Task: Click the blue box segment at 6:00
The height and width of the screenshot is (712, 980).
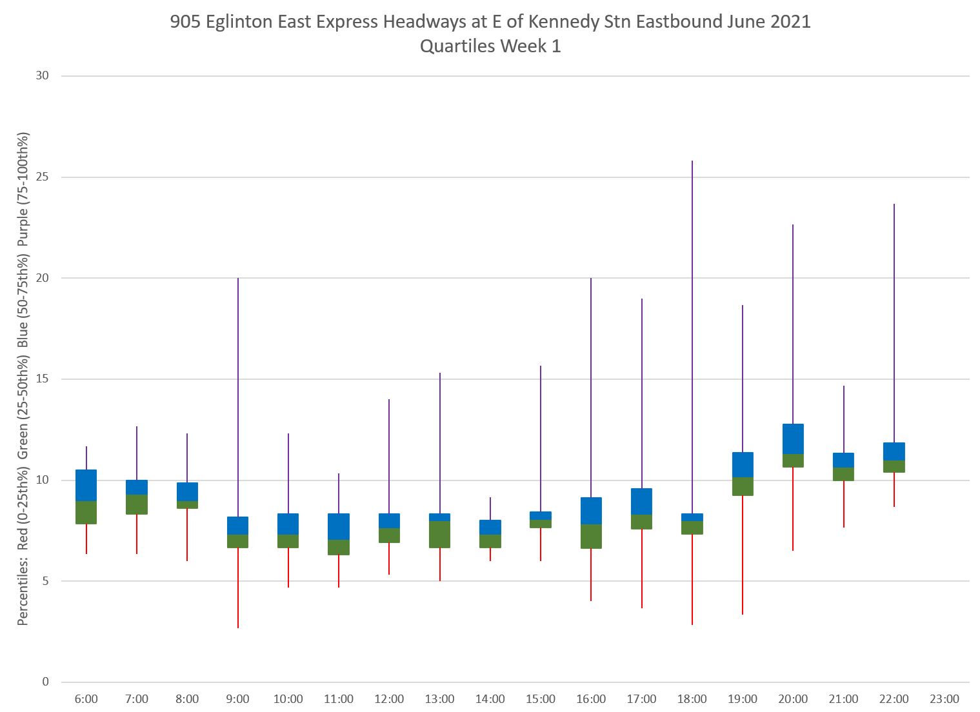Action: point(86,485)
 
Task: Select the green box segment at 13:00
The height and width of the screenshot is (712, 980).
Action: point(439,534)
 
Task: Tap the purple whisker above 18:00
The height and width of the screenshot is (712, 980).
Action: point(692,335)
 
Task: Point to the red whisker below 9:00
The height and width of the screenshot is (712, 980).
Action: point(238,588)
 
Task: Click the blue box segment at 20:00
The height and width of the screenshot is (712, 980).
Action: point(793,439)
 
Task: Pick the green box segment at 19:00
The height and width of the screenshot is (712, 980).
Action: point(743,486)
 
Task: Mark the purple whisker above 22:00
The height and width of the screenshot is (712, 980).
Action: point(894,322)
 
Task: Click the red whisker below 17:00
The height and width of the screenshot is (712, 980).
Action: point(642,568)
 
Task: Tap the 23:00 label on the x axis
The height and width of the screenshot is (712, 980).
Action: point(945,699)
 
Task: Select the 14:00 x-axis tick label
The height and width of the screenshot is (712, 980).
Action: point(490,699)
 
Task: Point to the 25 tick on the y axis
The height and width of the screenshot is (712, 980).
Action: point(42,177)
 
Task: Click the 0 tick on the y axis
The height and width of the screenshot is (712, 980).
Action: point(45,682)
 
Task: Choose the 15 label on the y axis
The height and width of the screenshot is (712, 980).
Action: point(42,379)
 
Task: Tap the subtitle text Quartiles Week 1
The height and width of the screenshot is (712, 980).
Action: point(490,46)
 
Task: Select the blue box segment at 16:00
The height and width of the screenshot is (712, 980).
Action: point(591,510)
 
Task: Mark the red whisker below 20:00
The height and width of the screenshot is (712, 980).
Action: point(793,509)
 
